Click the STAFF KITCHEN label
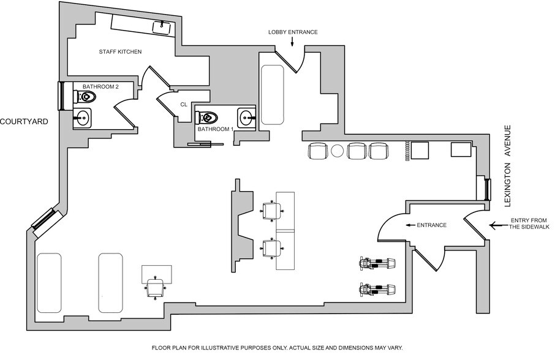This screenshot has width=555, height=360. click(120, 52)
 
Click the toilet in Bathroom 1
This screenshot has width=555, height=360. click(207, 116)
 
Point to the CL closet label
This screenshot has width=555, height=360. click(183, 105)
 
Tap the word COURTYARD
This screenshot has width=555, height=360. click(24, 121)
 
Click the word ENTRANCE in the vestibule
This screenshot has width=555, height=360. click(431, 225)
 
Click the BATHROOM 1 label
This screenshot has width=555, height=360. click(215, 130)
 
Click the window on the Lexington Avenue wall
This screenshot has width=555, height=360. click(488, 190)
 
